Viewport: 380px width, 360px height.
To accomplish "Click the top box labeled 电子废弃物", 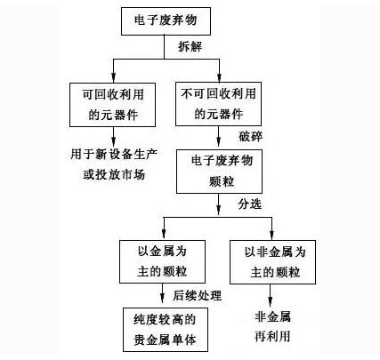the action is click(166, 21).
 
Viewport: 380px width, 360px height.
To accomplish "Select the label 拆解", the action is click(190, 46).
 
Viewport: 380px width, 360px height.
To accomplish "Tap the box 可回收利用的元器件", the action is click(112, 105).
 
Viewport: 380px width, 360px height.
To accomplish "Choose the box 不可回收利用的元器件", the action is click(218, 104).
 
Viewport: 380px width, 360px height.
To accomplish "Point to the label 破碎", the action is click(251, 137).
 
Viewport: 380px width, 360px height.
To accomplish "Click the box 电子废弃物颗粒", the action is click(219, 172).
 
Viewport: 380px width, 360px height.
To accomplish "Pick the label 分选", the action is click(250, 204).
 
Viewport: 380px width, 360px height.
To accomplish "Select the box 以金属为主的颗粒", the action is click(162, 261).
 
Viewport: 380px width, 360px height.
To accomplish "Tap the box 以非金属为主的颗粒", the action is click(272, 262).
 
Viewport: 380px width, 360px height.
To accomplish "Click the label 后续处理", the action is click(198, 295).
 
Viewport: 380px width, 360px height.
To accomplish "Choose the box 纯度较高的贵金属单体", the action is click(166, 330).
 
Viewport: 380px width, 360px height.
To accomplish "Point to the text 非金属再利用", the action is click(272, 327).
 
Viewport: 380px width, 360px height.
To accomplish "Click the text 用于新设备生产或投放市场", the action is click(114, 164).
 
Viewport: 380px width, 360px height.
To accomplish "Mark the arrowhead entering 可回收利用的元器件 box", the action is click(113, 77).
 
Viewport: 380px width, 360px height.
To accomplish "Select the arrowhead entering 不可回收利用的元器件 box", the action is click(219, 77).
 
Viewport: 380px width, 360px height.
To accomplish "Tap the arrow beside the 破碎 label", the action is click(219, 136).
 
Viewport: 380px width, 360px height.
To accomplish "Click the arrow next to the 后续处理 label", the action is click(162, 293).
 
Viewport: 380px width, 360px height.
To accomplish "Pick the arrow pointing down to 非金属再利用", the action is click(270, 295).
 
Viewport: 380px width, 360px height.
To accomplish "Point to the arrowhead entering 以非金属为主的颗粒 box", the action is click(271, 235).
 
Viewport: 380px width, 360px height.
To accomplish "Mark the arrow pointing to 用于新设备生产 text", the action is click(113, 137).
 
